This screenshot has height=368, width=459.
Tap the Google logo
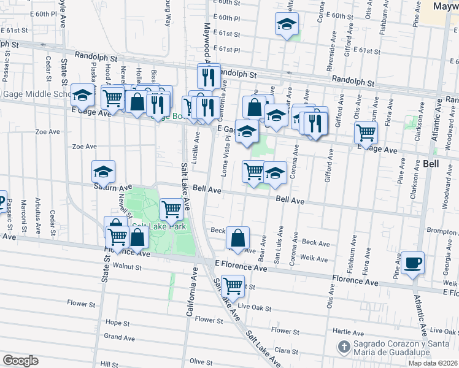20,361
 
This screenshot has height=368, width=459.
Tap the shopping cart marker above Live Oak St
232,285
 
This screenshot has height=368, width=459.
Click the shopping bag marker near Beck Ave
237,237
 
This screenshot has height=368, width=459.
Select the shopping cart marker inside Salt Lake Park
171,209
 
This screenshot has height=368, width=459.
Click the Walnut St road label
128,267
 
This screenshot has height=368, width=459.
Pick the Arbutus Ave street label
37,218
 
